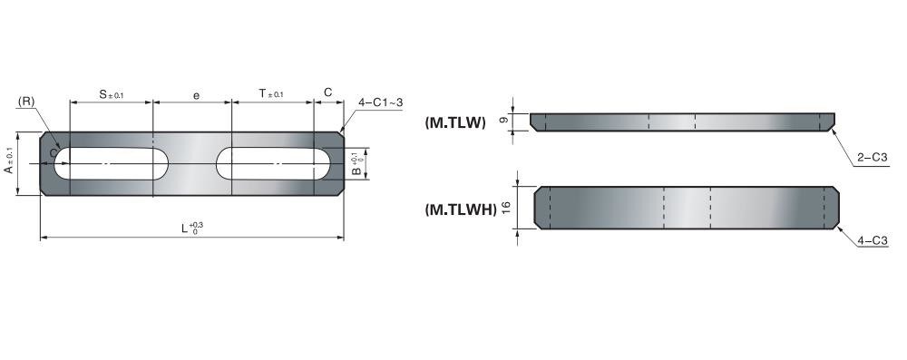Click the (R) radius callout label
tap(26, 102)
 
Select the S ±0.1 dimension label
tap(111, 93)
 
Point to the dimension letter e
tap(196, 95)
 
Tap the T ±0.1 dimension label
tap(270, 93)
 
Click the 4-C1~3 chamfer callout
tap(380, 102)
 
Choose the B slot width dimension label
tap(357, 164)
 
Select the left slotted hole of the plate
tap(111, 163)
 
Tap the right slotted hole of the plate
tap(273, 163)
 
